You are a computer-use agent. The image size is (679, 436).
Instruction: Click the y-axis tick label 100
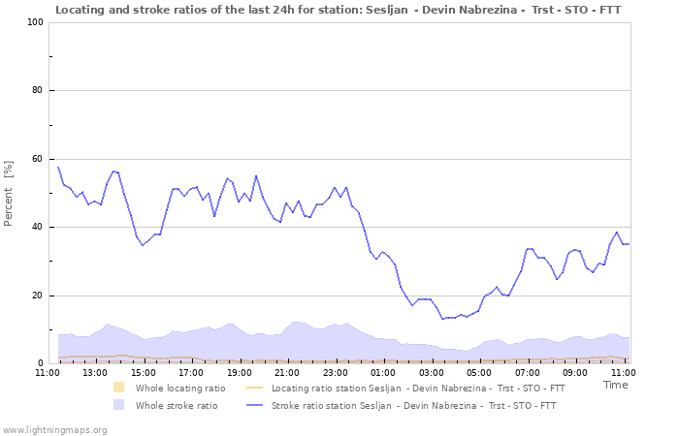click(34, 22)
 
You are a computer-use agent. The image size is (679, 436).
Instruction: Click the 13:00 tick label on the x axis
click(95, 372)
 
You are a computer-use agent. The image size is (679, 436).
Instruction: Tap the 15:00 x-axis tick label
click(143, 372)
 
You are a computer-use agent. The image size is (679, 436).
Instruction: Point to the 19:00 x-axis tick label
click(239, 372)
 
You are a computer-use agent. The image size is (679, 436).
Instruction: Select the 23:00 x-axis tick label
click(335, 372)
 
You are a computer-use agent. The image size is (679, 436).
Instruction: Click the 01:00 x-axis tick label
click(383, 372)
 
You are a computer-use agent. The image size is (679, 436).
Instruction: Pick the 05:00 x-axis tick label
click(479, 372)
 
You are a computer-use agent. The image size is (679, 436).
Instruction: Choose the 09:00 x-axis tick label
click(575, 372)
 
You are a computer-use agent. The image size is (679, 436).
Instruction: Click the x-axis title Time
click(615, 385)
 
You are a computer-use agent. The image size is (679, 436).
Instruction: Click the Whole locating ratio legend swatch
click(119, 388)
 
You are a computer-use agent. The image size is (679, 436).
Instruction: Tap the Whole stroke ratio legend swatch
click(119, 405)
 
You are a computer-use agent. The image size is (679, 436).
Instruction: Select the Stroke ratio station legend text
click(414, 405)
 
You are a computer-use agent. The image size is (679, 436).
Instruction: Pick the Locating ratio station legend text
click(418, 388)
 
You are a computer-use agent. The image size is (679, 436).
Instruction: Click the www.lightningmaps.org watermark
click(55, 429)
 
